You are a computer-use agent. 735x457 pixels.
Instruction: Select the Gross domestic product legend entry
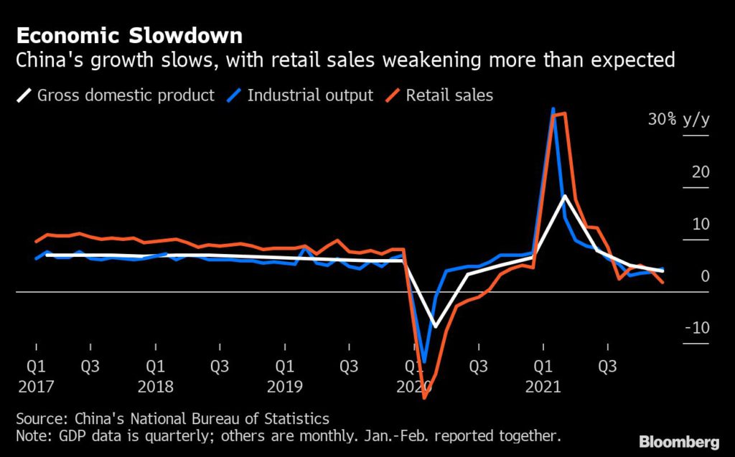coord(115,95)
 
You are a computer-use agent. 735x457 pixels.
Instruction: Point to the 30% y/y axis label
coord(678,120)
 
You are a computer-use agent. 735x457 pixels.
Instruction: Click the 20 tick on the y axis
coord(701,172)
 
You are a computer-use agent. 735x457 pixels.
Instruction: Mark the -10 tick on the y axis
coord(696,328)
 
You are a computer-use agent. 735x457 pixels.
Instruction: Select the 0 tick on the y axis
coord(705,276)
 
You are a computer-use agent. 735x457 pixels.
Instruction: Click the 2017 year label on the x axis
coord(35,386)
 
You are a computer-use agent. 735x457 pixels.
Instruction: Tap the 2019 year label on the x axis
coord(284,386)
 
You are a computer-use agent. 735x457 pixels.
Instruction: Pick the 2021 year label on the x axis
coord(543,386)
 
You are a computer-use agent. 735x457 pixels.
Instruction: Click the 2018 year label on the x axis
coord(155,386)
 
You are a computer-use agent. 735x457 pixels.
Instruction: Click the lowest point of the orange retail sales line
coord(425,397)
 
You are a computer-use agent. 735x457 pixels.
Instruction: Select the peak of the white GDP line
coord(564,196)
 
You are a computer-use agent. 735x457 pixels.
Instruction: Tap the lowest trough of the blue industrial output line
coord(424,362)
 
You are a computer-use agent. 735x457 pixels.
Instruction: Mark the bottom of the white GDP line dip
coord(434,326)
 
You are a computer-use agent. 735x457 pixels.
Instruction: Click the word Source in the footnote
coord(38,419)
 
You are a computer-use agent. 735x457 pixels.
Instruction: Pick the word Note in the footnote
coord(32,435)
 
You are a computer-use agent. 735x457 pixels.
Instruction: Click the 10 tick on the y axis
coord(701,224)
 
